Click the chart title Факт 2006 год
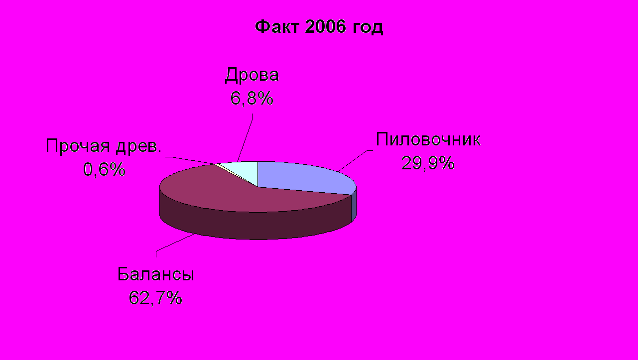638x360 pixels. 319,27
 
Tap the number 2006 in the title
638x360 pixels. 325,27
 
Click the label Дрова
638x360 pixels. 252,75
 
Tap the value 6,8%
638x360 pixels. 252,98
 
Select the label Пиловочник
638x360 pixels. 428,139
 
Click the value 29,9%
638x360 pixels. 428,163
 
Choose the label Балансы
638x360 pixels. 156,274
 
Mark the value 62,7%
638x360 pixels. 155,298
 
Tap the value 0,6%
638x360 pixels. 104,169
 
